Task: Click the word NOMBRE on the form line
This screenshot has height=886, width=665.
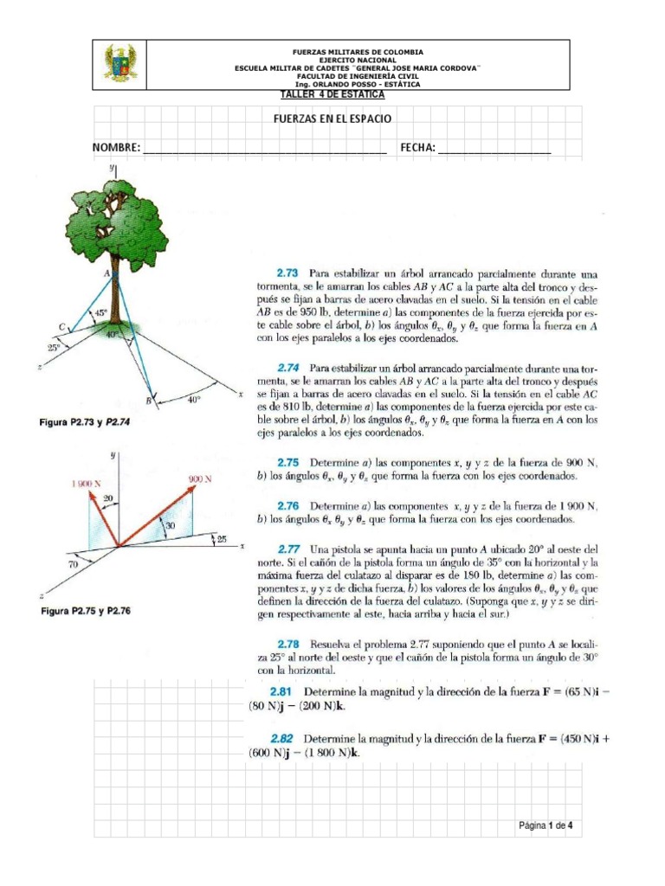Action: [x=116, y=148]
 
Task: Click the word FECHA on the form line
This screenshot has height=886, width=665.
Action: [x=417, y=148]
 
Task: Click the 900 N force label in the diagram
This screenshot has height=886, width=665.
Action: [x=199, y=478]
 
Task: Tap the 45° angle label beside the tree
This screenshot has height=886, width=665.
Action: [x=100, y=312]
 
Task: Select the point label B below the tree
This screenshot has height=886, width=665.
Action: [x=149, y=401]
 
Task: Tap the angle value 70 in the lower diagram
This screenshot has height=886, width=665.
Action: [x=59, y=563]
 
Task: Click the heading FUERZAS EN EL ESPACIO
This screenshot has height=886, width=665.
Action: [x=332, y=118]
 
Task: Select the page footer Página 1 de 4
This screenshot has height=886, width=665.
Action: [x=546, y=825]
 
